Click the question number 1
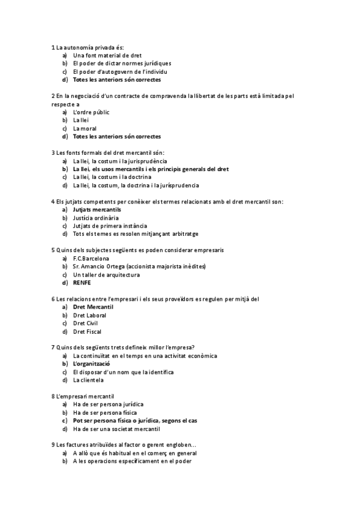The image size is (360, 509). click(x=53, y=47)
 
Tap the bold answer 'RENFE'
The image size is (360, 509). click(x=82, y=283)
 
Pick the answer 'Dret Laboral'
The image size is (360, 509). click(x=89, y=315)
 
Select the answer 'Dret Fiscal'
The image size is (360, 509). click(x=87, y=331)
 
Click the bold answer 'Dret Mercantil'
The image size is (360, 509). click(x=93, y=307)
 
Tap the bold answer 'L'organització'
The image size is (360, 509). click(x=91, y=364)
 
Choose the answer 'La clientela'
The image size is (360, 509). click(x=88, y=380)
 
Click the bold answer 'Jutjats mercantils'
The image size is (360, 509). click(x=97, y=209)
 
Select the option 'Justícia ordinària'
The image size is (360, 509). click(x=96, y=218)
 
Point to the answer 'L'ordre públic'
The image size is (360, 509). click(x=91, y=112)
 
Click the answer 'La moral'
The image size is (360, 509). click(x=85, y=128)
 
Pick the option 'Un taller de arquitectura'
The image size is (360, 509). click(x=106, y=275)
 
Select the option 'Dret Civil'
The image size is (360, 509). click(x=85, y=323)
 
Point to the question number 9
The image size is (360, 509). click(x=53, y=445)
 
